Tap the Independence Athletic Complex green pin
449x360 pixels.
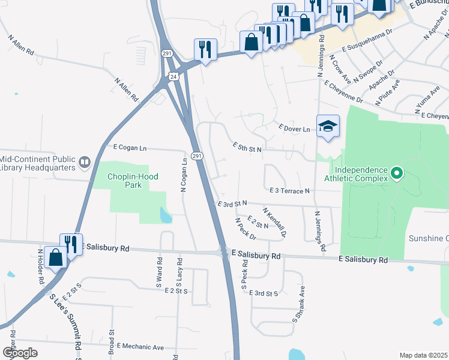(x=396, y=174)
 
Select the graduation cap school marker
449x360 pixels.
(x=328, y=126)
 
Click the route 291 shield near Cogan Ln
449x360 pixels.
(x=197, y=156)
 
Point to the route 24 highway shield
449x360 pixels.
(x=173, y=76)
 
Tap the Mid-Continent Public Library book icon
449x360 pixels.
(x=84, y=161)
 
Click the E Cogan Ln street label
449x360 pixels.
(x=130, y=147)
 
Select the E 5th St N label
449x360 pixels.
(x=247, y=146)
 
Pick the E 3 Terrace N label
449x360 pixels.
(x=289, y=190)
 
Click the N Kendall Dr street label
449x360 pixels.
(x=274, y=222)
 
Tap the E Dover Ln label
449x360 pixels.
(x=294, y=128)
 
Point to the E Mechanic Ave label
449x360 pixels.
(x=140, y=347)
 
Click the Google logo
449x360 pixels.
(x=20, y=352)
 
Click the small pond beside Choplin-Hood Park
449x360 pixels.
(x=166, y=214)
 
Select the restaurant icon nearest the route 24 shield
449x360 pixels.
(x=205, y=50)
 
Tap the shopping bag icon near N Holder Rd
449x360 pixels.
(x=55, y=257)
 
